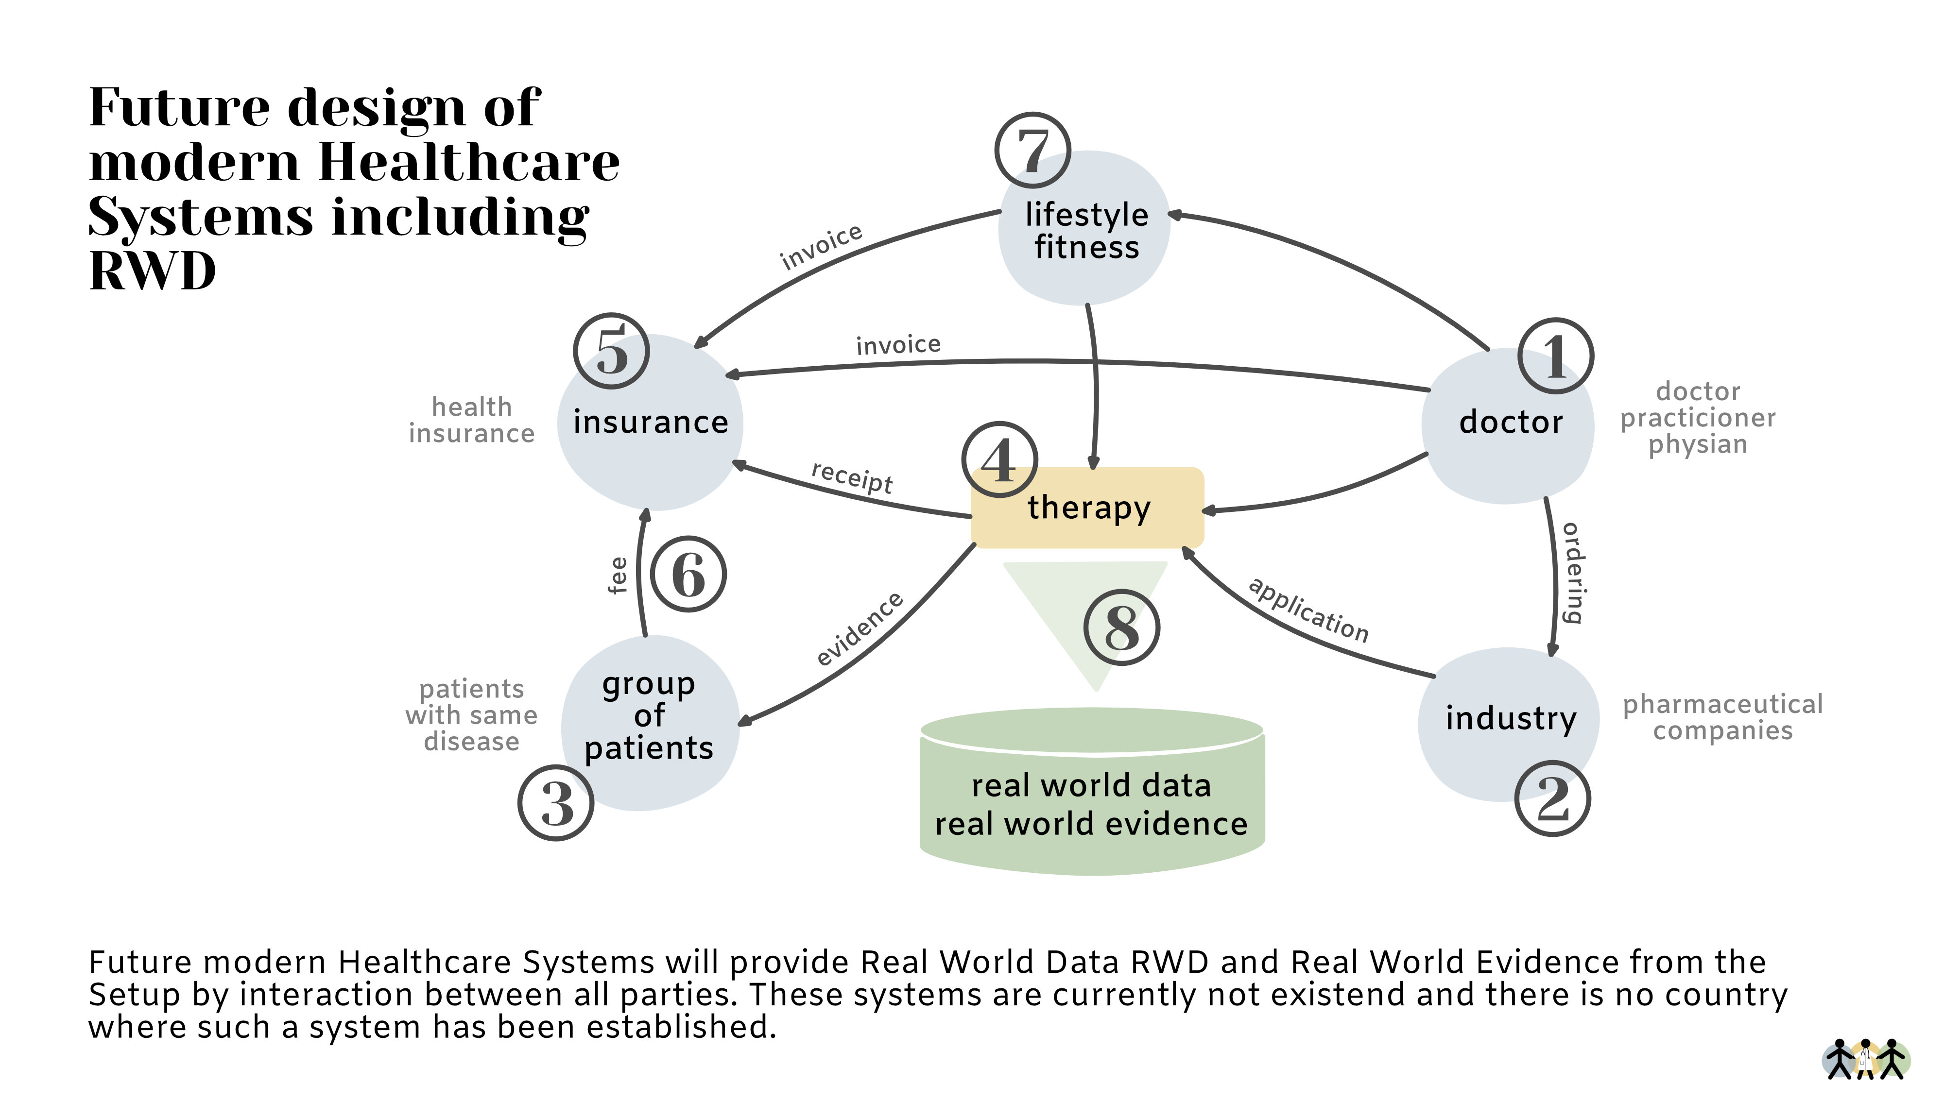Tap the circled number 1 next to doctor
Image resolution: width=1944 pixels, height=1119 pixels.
point(1555,356)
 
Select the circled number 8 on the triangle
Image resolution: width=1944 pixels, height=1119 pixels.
point(1121,627)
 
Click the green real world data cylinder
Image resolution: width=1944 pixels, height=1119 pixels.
point(1092,803)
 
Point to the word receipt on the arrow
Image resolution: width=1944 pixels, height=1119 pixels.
point(852,476)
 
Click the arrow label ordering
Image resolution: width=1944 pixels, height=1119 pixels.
point(1573,573)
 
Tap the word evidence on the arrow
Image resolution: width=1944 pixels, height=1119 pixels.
point(860,628)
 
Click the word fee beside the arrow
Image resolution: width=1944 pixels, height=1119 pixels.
point(617,575)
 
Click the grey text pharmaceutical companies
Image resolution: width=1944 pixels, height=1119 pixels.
point(1722,716)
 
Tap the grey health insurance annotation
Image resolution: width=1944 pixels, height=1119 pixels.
point(471,420)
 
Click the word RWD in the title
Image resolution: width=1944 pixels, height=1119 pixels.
point(152,271)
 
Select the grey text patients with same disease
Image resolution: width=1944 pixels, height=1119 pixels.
point(471,715)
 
